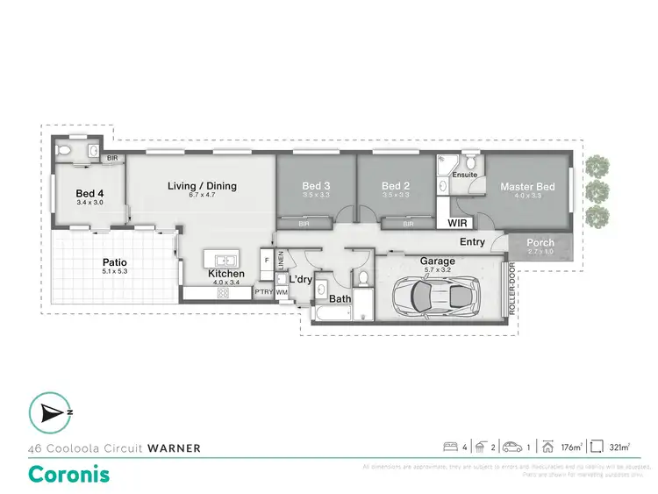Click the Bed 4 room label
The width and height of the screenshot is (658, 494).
[x=89, y=193]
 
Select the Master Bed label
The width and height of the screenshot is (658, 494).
[x=527, y=187]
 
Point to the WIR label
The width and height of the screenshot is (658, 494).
[x=457, y=223]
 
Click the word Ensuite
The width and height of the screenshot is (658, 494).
[x=465, y=175]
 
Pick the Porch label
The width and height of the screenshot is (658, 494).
[x=540, y=243]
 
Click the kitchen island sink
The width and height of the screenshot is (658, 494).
[x=224, y=260]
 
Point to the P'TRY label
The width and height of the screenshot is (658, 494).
[x=262, y=291]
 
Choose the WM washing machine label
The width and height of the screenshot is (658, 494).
[x=282, y=291]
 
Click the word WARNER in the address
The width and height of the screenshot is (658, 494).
[x=174, y=447]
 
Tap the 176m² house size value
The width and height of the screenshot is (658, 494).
[x=570, y=447]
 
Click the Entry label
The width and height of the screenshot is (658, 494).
[x=472, y=242]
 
